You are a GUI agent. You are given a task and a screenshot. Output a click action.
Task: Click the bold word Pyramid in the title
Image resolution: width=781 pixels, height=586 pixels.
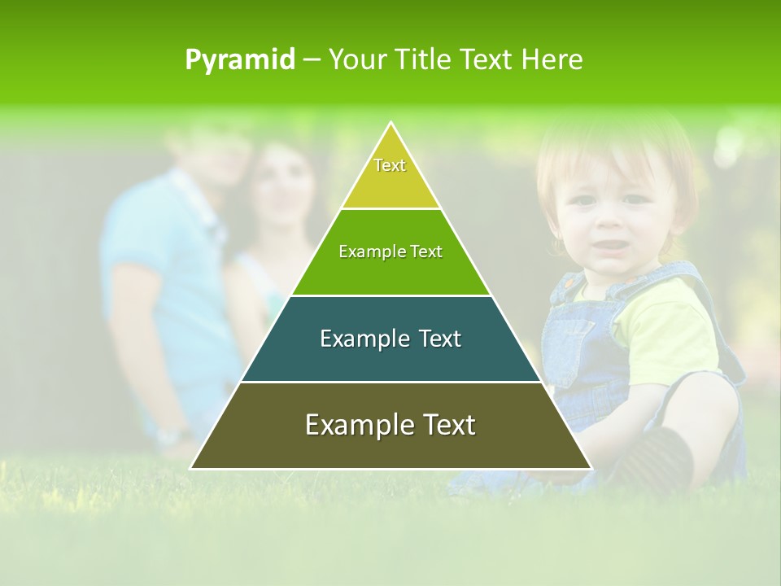coord(239,60)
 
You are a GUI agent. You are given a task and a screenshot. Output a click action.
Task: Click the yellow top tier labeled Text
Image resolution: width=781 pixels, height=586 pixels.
coord(390,175)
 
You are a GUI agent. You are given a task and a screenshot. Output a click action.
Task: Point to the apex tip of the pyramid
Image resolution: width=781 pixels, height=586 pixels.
coord(391,124)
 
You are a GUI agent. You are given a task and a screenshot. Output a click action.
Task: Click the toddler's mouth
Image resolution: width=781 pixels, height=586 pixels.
coord(604,245)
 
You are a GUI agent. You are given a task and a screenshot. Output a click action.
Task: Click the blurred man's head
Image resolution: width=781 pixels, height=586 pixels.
coord(207,146)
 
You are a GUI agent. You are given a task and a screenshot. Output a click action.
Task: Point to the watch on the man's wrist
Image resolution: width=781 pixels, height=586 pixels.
coord(172,436)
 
